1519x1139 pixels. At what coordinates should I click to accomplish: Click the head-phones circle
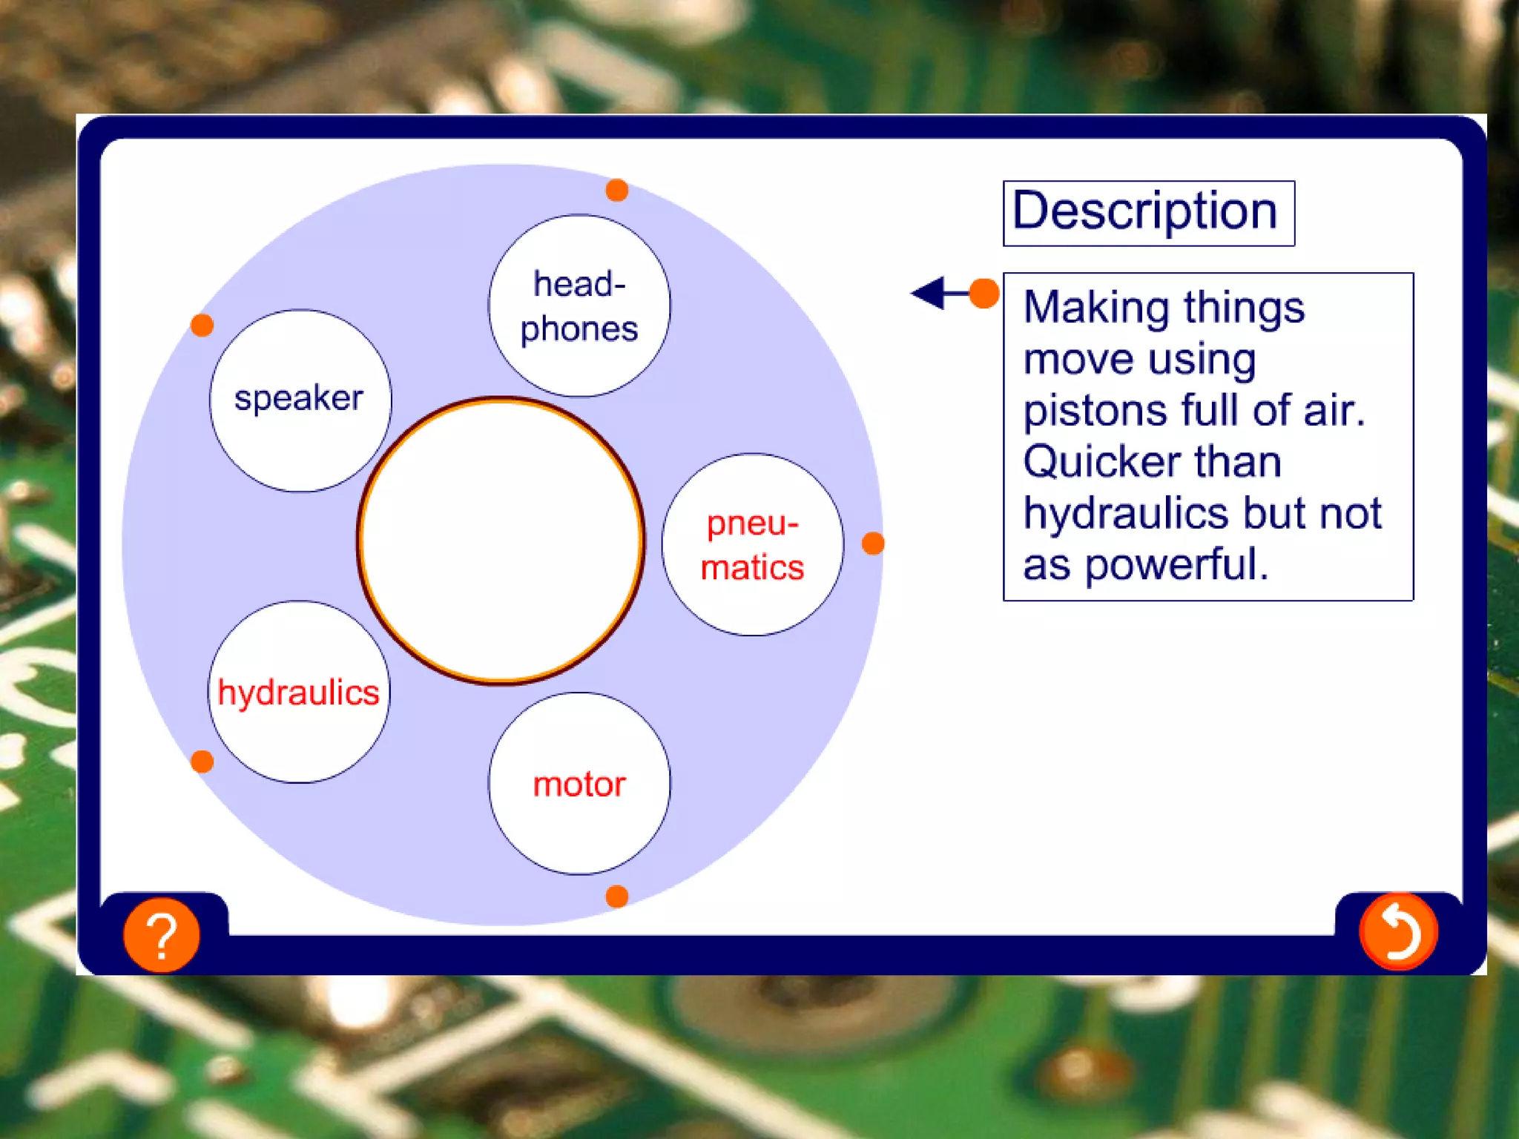tap(579, 306)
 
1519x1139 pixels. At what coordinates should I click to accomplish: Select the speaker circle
tap(300, 400)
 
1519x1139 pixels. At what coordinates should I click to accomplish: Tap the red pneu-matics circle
tap(752, 544)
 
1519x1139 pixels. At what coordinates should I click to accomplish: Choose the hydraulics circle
tap(298, 692)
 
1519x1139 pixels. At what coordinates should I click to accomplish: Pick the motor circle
tap(579, 784)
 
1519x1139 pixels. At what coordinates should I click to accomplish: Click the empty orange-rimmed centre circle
tap(501, 540)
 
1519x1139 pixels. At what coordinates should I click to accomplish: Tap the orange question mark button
tap(161, 934)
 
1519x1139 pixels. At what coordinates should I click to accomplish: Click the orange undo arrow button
tap(1398, 931)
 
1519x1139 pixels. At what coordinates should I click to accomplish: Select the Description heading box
tap(1148, 213)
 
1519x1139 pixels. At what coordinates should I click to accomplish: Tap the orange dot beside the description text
tap(984, 293)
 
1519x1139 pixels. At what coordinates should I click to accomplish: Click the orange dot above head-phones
tap(616, 190)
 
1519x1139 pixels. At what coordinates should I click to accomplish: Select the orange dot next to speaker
tap(202, 325)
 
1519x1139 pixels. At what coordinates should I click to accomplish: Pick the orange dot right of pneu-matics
tap(873, 543)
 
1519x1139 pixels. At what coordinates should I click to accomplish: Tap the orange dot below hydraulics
tap(202, 761)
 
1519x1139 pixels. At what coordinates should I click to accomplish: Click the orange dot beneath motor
tap(616, 897)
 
